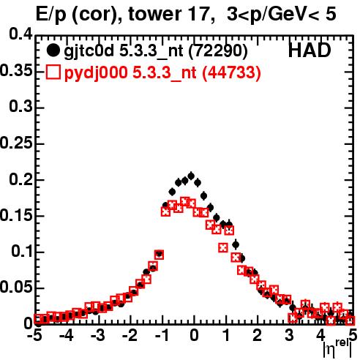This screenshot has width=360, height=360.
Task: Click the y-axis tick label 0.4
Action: (20, 34)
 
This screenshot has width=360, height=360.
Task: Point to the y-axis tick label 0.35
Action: (16, 71)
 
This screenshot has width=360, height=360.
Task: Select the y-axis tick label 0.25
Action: (16, 143)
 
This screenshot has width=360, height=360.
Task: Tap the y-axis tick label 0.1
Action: (22, 251)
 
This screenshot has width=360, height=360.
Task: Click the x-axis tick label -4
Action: (67, 336)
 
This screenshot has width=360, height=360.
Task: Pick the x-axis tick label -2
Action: (130, 336)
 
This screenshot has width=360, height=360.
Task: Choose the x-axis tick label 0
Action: (194, 336)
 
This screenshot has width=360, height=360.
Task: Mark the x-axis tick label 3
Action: (289, 336)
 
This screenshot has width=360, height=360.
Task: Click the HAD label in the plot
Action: (310, 50)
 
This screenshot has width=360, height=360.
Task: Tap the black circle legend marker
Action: (53, 50)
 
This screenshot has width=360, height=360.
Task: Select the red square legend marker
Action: (53, 72)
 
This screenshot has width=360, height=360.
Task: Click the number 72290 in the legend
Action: (218, 51)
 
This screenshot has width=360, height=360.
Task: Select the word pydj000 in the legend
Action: (96, 73)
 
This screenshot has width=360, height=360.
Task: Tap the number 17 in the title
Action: (200, 14)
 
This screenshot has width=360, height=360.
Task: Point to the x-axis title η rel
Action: (337, 350)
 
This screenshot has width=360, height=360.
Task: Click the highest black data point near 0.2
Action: (191, 176)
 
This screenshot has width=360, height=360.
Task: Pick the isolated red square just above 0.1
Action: (223, 248)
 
